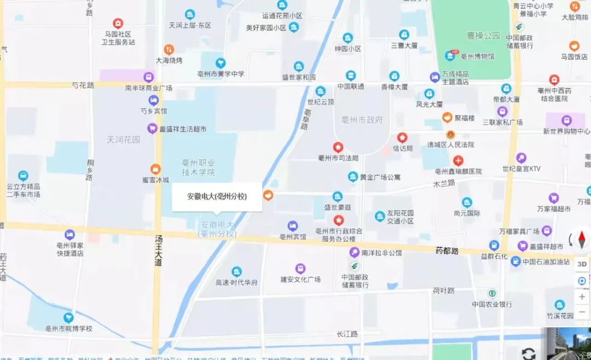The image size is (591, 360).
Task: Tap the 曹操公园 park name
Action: pyautogui.click(x=483, y=36)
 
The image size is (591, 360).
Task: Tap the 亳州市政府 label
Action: pyautogui.click(x=361, y=120)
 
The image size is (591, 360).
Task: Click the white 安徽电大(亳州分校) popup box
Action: pyautogui.click(x=217, y=196)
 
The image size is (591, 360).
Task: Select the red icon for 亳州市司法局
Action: pyautogui.click(x=338, y=147)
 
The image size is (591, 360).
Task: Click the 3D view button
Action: pyautogui.click(x=582, y=263)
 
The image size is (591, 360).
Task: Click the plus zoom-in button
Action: pyautogui.click(x=582, y=297)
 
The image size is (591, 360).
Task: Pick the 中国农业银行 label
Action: pyautogui.click(x=492, y=304)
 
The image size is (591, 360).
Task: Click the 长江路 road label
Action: pyautogui.click(x=347, y=334)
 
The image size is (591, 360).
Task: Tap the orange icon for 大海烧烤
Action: pyautogui.click(x=169, y=49)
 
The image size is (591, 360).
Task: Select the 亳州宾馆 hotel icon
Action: pyautogui.click(x=293, y=225)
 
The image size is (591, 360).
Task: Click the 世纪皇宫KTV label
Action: pyautogui.click(x=521, y=169)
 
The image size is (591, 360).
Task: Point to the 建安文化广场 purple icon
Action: pyautogui.click(x=300, y=268)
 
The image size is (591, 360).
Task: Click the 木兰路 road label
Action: pyautogui.click(x=444, y=183)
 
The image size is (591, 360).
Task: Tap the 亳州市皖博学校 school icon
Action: pyautogui.click(x=69, y=317)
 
